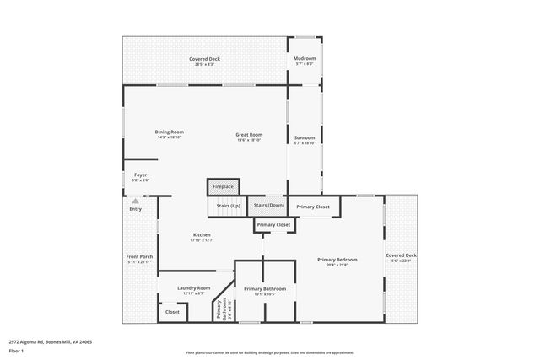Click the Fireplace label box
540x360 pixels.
pos(223,186)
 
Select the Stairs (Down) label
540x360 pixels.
pos(269,206)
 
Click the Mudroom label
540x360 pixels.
pos(304,59)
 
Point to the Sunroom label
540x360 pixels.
pos(304,138)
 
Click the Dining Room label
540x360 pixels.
pos(169,132)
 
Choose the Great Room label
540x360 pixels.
pos(249,135)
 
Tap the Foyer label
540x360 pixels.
pos(140,175)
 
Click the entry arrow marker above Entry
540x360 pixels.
pos(136,201)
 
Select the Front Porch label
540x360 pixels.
pos(139,257)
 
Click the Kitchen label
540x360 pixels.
pos(202,235)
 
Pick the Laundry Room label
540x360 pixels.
pos(193,288)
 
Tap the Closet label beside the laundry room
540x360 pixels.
pos(172,312)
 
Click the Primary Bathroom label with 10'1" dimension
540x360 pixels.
pos(265,289)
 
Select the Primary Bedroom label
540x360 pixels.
pos(337,260)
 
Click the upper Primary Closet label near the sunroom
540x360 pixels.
pos(313,207)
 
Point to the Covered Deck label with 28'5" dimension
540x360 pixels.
pos(204,59)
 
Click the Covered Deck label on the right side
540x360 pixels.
pos(401,255)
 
